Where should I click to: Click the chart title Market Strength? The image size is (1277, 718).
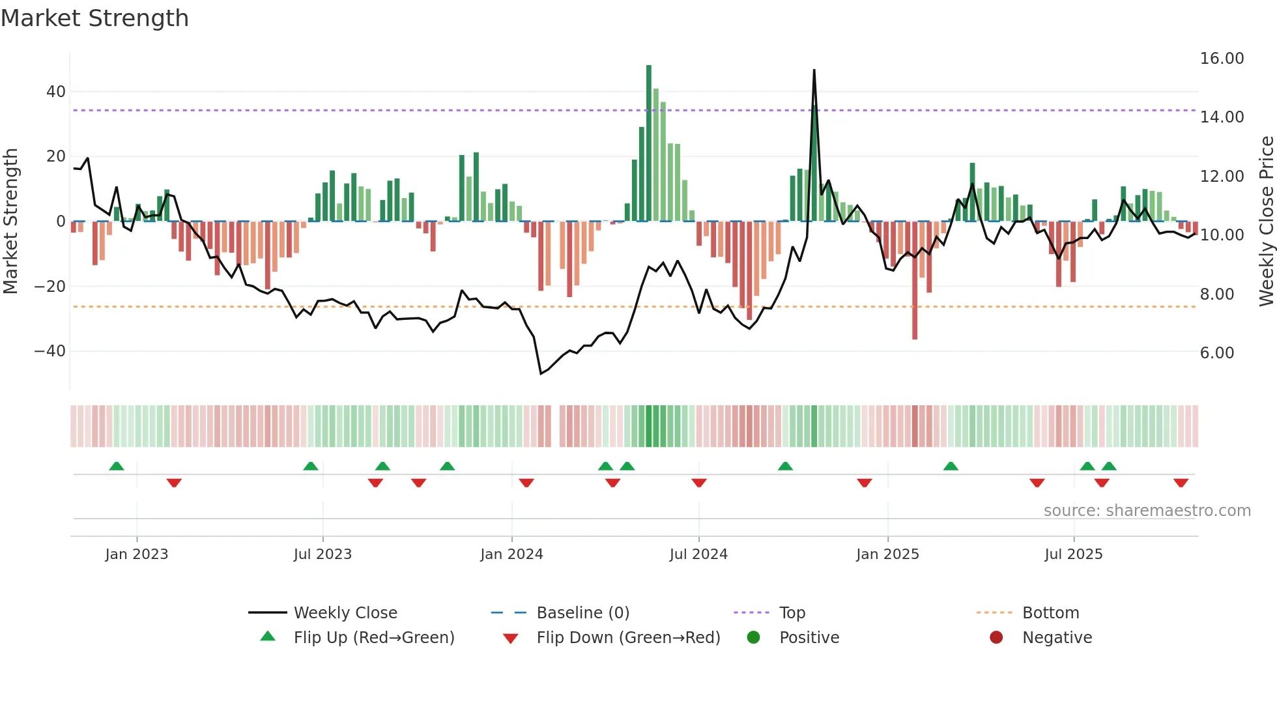(x=95, y=18)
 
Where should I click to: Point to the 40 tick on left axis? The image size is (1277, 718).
(x=56, y=92)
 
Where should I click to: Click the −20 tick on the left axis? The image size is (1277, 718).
(x=50, y=287)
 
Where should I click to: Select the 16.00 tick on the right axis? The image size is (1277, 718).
(x=1222, y=59)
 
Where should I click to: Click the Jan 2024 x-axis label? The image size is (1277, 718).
(x=511, y=554)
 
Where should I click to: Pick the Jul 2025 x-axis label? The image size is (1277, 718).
(x=1073, y=554)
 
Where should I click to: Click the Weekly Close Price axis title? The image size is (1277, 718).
(x=1266, y=222)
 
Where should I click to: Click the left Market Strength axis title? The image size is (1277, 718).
(x=11, y=222)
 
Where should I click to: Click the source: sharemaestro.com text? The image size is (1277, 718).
(x=1147, y=511)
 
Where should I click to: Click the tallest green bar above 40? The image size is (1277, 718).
(x=649, y=143)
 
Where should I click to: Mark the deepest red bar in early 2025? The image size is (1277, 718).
(x=915, y=280)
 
